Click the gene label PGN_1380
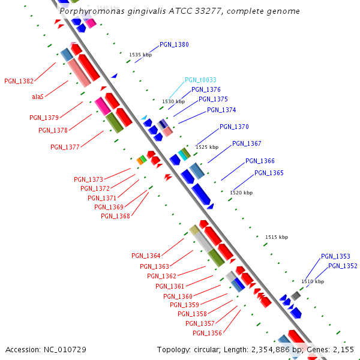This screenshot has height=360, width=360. coord(174,45)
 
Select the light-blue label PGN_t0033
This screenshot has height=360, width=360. coord(200,80)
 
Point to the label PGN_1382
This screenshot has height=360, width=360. coord(19,81)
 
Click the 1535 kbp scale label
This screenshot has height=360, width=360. coord(140,55)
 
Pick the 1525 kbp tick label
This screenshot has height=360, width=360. coord(206,147)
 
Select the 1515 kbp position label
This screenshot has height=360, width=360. coord(277,238)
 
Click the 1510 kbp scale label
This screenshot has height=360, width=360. coord(313,281)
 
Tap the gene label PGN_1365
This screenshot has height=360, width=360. coord(269,173)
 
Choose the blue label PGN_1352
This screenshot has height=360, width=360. coord(343,266)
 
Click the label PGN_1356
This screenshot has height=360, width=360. coord(207,334)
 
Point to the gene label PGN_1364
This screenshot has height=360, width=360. coord(146,256)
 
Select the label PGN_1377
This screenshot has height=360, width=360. coord(65,147)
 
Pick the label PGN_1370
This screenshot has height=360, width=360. coord(234,127)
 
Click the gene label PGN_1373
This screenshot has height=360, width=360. coord(88,179)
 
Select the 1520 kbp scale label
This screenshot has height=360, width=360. coord(241,193)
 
